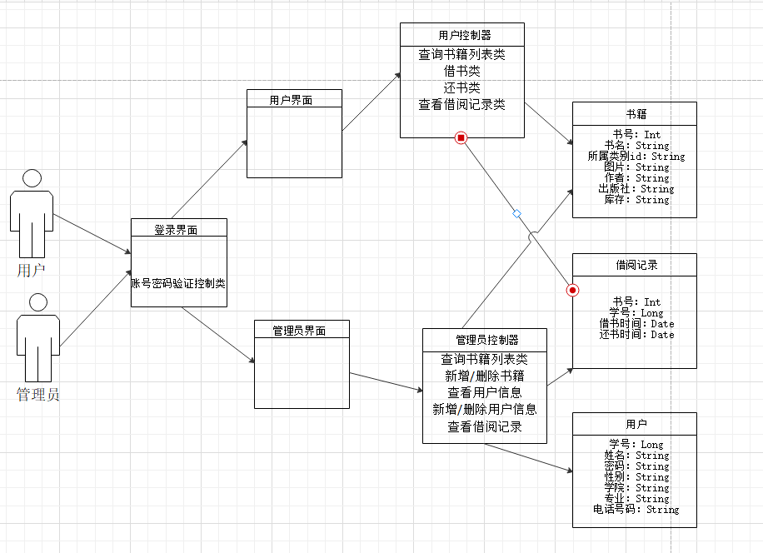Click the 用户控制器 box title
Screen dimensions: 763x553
[x=465, y=35]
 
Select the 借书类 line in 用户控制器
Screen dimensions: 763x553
[x=461, y=71]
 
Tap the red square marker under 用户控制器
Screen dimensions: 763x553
[x=461, y=137]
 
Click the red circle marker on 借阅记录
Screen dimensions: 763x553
[x=573, y=291]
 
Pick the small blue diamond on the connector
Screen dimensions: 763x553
[x=516, y=213]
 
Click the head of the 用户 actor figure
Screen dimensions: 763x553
[x=32, y=178]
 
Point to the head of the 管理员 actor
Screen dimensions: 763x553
[x=38, y=302]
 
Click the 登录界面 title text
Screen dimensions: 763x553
[x=176, y=230]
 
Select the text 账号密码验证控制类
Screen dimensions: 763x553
[x=178, y=283]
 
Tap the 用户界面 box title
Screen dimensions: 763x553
[x=291, y=100]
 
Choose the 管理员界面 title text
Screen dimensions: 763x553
[x=299, y=331]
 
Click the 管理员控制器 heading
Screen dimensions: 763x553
[x=487, y=340]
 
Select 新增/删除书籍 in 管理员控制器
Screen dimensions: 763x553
[x=485, y=376]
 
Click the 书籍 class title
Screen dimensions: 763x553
[x=636, y=114]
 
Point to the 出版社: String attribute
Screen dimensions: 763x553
[x=636, y=189]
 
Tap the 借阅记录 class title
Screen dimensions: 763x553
[x=636, y=265]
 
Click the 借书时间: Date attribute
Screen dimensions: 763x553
[x=636, y=323]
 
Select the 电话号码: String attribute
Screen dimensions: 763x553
[x=636, y=509]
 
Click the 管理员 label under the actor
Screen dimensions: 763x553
[x=38, y=394]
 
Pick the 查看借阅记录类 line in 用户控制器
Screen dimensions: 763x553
[x=461, y=105]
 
